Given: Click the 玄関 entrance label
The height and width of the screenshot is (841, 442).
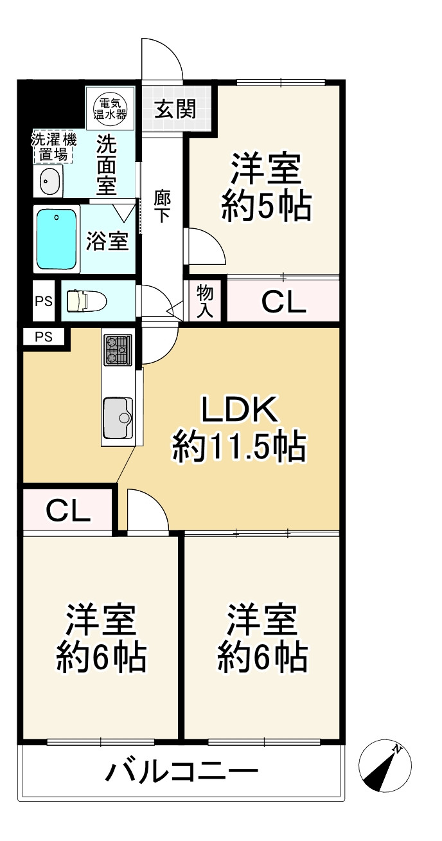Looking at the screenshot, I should [175, 110].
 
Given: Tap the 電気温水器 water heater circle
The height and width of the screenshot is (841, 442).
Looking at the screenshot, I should [110, 107].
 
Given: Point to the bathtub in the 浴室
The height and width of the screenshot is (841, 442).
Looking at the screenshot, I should [57, 239].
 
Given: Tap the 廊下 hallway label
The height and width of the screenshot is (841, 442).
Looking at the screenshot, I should [162, 207].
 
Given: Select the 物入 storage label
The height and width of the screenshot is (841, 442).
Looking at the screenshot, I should [205, 300].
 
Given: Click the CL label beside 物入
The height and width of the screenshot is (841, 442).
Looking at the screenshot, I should [283, 302].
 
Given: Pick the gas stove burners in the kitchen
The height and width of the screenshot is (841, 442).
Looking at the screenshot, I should [118, 350].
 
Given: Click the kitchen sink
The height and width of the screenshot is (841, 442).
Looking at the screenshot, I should [118, 417].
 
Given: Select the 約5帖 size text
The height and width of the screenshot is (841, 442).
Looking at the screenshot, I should [267, 207].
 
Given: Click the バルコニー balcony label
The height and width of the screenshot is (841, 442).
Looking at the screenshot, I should [182, 770].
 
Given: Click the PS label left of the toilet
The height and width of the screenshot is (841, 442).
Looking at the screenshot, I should [44, 300].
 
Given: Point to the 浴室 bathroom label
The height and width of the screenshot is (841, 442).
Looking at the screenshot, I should [107, 242].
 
